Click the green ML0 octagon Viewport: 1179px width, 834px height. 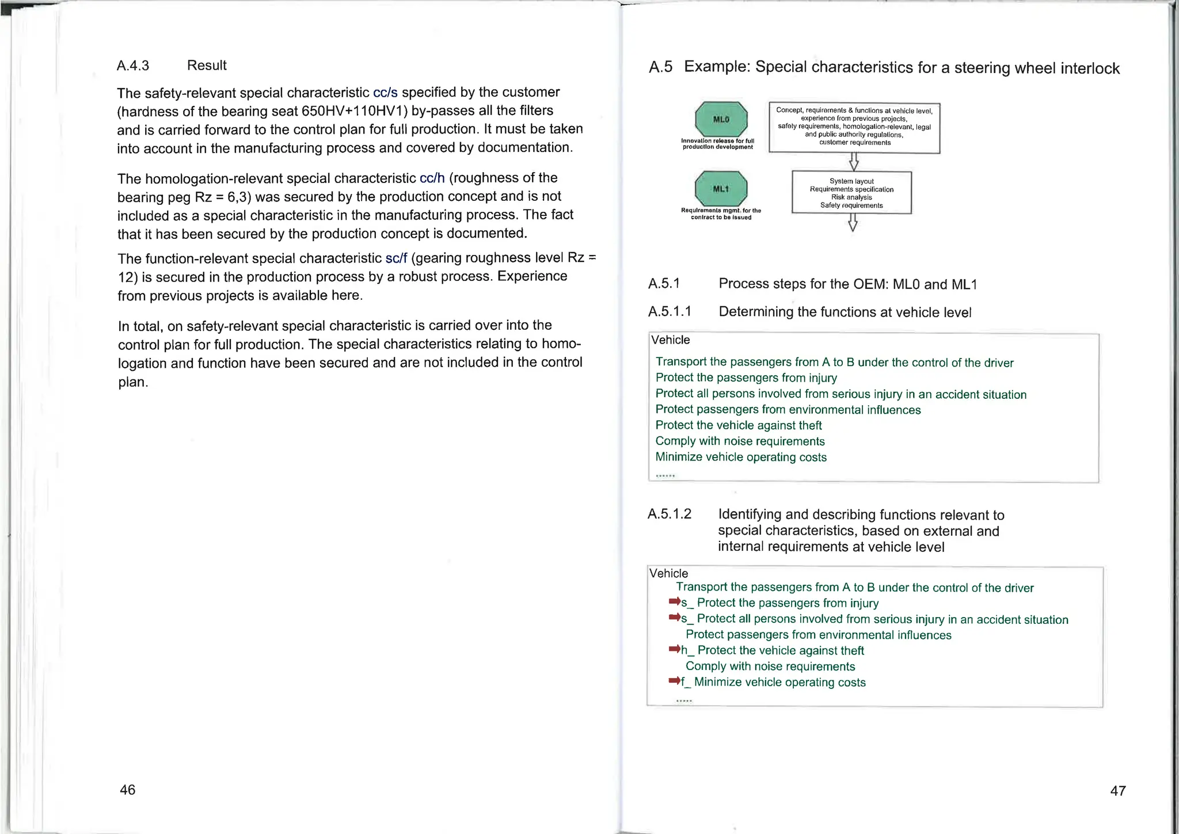(721, 119)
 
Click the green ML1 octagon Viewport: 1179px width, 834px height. (721, 189)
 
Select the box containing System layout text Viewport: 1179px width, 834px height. (851, 193)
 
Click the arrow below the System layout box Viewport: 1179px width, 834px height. (853, 222)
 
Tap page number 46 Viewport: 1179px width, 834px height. (127, 790)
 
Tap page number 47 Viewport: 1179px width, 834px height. (1117, 791)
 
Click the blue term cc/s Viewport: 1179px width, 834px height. (385, 93)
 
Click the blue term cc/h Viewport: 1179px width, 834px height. (432, 178)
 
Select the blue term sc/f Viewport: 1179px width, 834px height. (396, 258)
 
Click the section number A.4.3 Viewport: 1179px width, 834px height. (133, 66)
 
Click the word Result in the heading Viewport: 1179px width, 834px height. (207, 66)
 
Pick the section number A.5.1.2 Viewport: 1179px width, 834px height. (669, 514)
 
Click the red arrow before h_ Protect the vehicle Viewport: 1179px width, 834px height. (674, 649)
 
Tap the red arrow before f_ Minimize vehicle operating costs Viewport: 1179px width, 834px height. (674, 681)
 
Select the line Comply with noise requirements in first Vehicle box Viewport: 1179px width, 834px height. (740, 441)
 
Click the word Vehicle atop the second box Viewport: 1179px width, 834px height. (668, 573)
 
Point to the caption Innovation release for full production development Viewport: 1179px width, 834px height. (717, 144)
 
